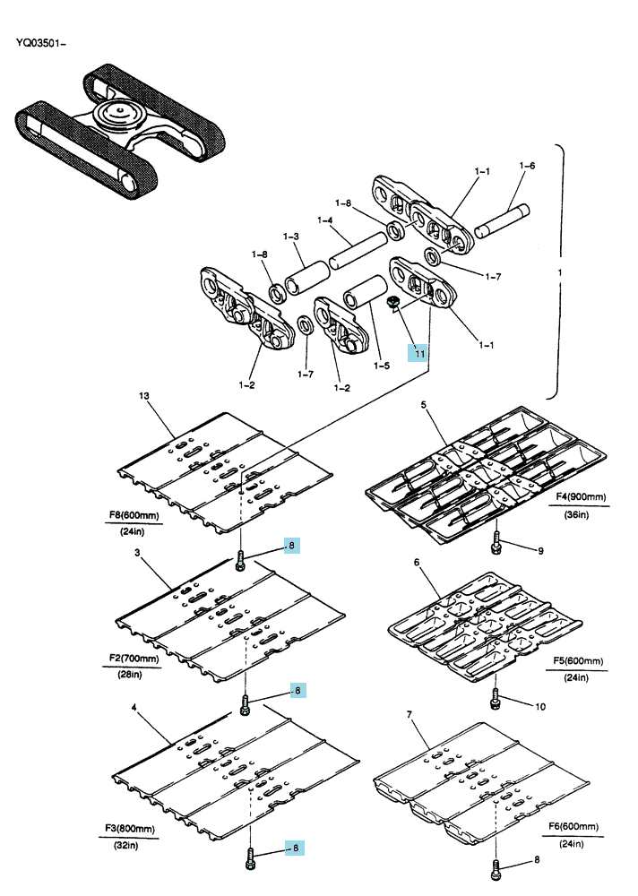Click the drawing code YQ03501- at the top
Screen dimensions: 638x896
[x=40, y=43]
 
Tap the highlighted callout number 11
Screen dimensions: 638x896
[x=419, y=353]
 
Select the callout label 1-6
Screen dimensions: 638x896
[x=527, y=166]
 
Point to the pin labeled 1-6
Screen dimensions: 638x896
[x=502, y=220]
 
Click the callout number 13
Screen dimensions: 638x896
[x=143, y=395]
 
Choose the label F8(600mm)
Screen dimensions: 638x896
[x=134, y=515]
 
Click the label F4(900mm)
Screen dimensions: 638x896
[x=581, y=497]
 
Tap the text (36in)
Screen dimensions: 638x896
[x=576, y=514]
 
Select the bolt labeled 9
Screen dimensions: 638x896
[x=496, y=542]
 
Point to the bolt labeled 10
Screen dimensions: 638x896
[x=496, y=698]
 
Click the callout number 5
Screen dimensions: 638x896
[x=423, y=405]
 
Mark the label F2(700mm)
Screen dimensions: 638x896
[x=134, y=659]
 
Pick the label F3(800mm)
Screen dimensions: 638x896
[x=130, y=828]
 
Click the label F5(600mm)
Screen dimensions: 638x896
[x=578, y=660]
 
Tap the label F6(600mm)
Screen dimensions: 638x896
[x=573, y=826]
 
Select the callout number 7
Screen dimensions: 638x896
[x=410, y=714]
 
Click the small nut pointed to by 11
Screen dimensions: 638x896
[x=392, y=302]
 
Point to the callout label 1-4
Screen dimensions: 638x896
[x=324, y=220]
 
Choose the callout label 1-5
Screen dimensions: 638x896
[x=382, y=366]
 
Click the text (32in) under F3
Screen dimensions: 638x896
[x=125, y=845]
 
